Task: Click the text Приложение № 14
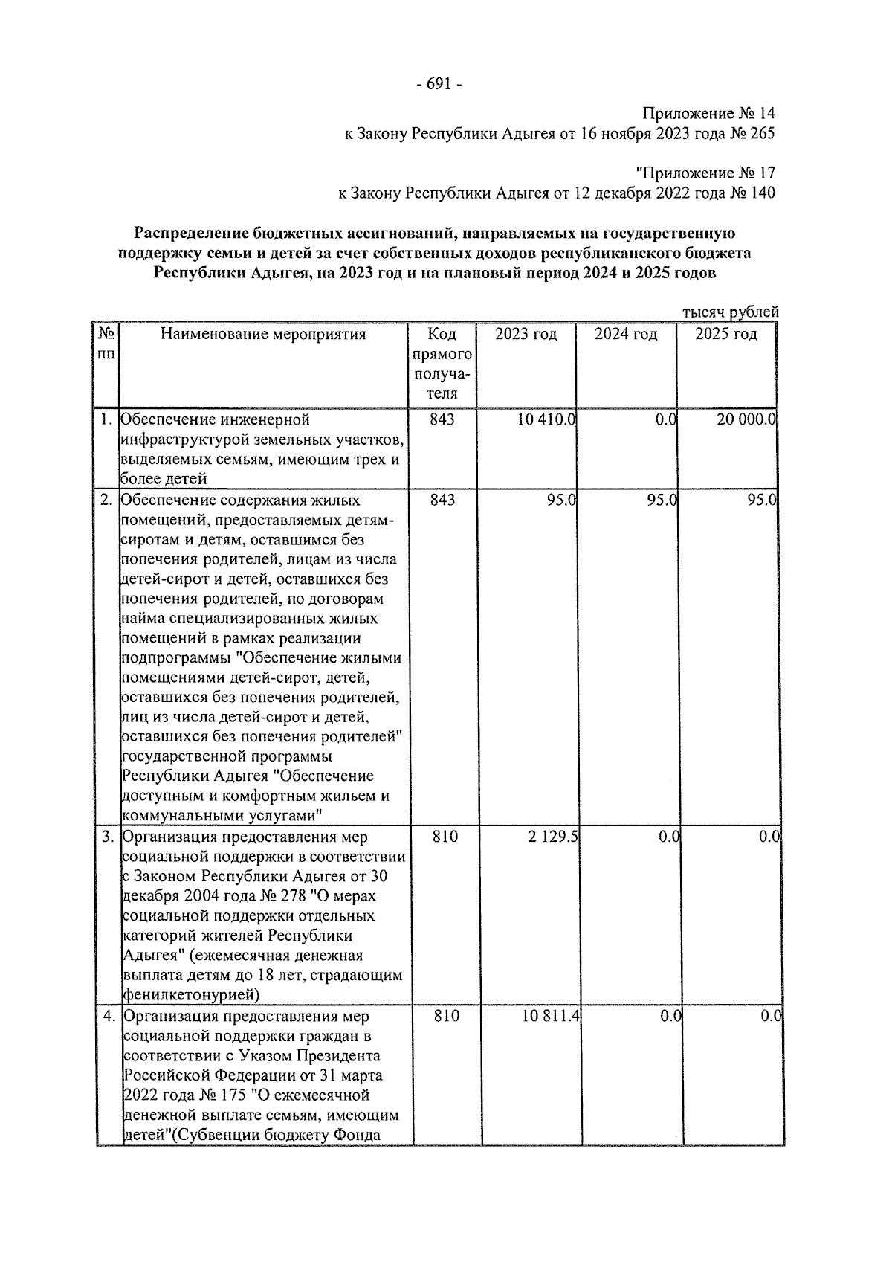[708, 114]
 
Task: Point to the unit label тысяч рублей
[730, 312]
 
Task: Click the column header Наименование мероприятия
[263, 335]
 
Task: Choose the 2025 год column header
[725, 335]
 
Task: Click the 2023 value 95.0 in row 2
[561, 500]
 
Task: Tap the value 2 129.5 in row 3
[553, 837]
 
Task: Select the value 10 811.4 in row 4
[550, 1017]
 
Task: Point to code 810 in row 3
[445, 837]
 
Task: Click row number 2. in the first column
[107, 500]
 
